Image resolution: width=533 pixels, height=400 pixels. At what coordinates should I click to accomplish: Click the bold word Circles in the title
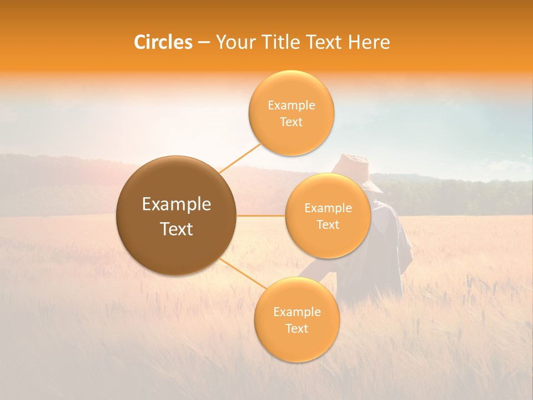point(163,42)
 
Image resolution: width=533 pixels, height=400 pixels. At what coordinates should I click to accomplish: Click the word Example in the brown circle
point(177,204)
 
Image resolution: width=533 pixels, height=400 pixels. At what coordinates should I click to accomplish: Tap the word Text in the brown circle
point(177,229)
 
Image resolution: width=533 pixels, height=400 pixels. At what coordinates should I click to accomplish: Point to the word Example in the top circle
point(291,106)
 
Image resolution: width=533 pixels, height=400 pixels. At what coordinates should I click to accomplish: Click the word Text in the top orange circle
point(291,122)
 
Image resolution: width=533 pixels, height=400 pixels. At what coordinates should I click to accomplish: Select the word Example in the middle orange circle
point(328,208)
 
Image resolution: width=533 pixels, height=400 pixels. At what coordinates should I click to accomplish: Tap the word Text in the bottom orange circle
point(296,329)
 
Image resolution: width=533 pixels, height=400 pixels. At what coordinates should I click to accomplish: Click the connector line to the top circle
point(240,158)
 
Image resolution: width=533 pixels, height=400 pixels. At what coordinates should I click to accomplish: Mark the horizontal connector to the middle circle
point(260,216)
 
